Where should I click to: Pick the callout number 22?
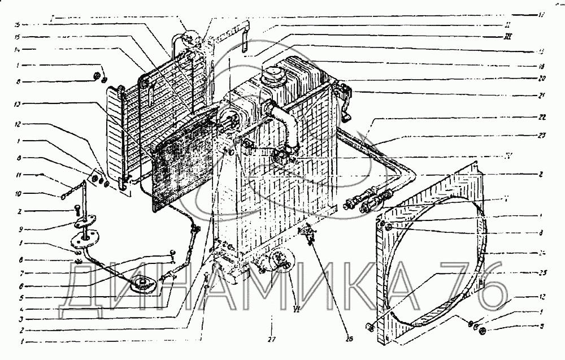[541, 117]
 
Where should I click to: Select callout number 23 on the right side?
[541, 135]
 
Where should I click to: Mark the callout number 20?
[541, 78]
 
